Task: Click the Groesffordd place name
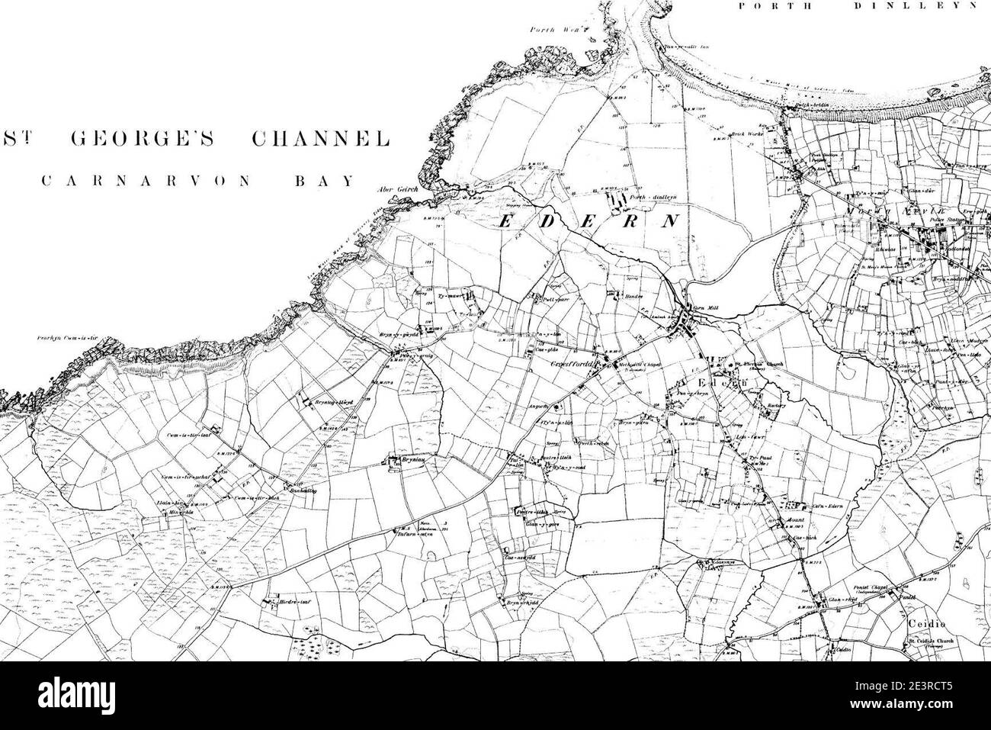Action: (572, 365)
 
